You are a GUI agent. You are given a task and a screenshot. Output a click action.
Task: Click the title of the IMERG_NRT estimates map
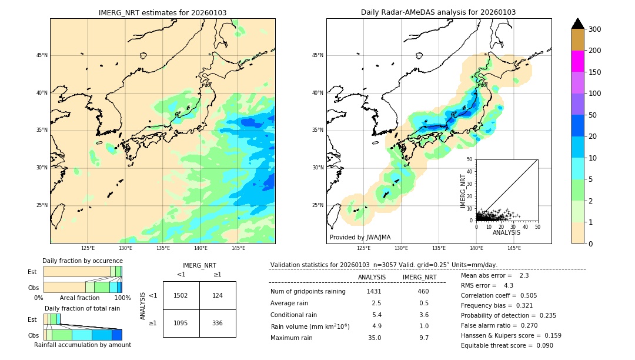[162, 12]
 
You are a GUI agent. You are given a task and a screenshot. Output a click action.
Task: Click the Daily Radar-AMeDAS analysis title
[438, 12]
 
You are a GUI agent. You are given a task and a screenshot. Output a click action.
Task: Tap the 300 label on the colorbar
[594, 29]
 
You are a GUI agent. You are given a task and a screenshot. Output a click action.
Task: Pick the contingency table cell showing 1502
[181, 295]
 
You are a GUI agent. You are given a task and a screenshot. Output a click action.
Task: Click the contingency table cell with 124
[218, 295]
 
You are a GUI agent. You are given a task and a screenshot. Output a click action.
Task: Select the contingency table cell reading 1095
[181, 323]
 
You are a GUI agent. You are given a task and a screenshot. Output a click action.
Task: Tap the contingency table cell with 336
[218, 323]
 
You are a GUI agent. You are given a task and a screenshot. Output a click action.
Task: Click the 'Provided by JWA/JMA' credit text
[360, 237]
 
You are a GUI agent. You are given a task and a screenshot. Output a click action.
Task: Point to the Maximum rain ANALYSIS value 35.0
[375, 338]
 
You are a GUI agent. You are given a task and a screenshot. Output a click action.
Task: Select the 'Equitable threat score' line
[507, 345]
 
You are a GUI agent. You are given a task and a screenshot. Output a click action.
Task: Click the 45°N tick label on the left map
[41, 55]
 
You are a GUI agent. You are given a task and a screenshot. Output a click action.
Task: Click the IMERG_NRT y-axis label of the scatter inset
[463, 189]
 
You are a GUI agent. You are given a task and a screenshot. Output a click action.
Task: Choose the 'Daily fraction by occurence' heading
[82, 261]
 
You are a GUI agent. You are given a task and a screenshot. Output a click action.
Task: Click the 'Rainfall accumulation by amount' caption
[82, 345]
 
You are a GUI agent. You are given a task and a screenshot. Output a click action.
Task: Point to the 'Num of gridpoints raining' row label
[308, 291]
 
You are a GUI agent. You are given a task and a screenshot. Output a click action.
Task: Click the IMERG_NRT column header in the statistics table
[419, 277]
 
